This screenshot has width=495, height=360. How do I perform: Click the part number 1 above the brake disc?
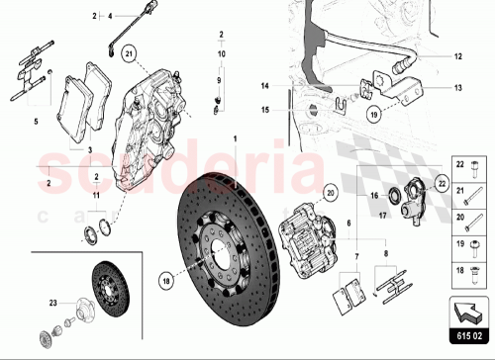236,137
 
